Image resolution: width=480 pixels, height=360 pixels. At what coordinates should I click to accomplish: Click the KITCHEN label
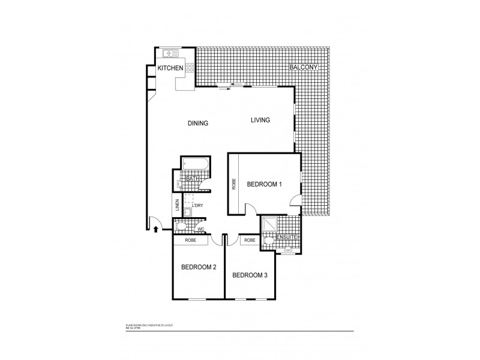[170, 69]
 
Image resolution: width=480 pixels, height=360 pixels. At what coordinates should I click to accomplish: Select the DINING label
[197, 124]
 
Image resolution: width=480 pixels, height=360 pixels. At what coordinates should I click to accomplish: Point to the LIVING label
[260, 120]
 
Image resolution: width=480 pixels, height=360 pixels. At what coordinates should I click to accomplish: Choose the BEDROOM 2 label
[198, 268]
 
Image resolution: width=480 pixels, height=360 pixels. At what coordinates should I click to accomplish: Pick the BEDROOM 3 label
[250, 275]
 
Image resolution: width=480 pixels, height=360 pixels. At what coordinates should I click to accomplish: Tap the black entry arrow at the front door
[157, 228]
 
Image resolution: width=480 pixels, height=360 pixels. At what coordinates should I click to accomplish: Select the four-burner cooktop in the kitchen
[190, 68]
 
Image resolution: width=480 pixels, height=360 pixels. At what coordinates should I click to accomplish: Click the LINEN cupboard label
[178, 204]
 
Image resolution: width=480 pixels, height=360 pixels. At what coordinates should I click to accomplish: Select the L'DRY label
[197, 206]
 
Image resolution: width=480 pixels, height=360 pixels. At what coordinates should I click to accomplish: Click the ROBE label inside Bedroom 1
[234, 184]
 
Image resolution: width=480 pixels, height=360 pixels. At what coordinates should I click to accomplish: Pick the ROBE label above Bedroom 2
[190, 240]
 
